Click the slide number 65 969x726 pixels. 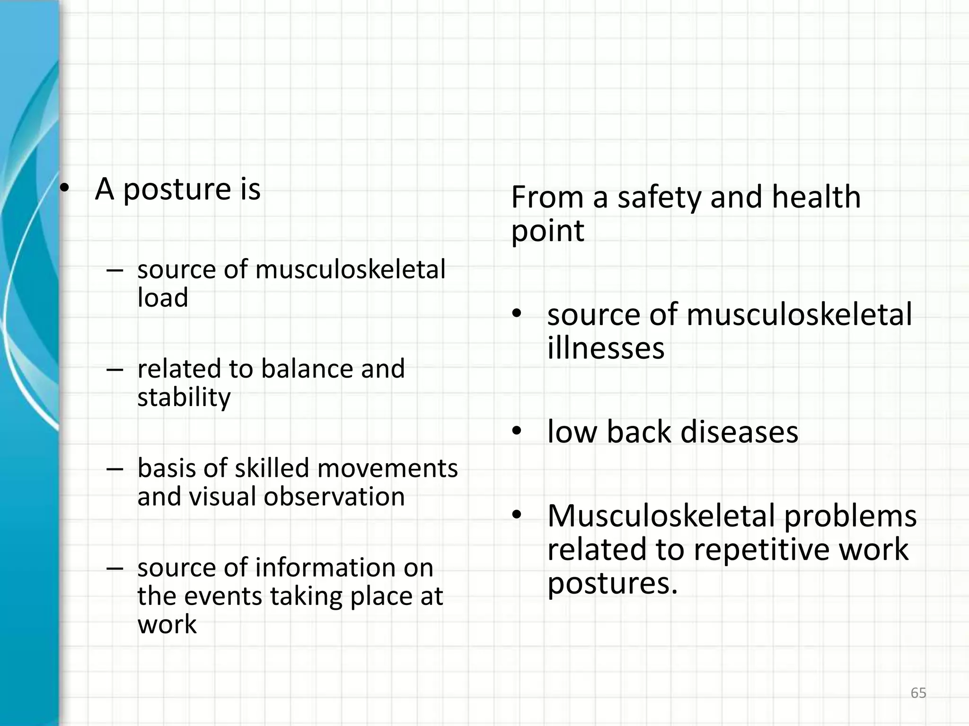(x=918, y=693)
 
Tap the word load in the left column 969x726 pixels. (x=163, y=298)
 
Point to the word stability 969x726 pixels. (x=184, y=398)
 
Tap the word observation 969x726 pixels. (x=334, y=496)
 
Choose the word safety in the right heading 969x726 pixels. (x=659, y=198)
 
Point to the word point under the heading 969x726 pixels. (x=547, y=232)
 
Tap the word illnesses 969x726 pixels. (x=606, y=348)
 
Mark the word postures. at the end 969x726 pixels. (x=612, y=584)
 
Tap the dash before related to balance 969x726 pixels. (x=115, y=369)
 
